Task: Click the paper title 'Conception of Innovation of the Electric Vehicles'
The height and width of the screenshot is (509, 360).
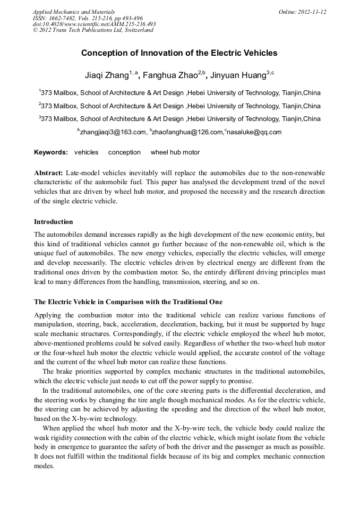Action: [179, 53]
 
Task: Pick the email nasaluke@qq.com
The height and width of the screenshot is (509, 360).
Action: [254, 132]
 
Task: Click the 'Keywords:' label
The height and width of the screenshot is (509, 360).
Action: [51, 152]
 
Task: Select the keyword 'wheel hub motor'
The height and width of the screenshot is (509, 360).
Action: [175, 152]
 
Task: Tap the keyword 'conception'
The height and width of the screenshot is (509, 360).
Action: [124, 152]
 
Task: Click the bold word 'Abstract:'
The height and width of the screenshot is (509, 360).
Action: [49, 173]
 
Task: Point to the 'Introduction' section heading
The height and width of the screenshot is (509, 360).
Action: [54, 221]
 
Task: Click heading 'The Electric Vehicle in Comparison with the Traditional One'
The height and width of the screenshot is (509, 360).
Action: [128, 302]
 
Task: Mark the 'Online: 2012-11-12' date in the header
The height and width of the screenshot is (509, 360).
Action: [302, 12]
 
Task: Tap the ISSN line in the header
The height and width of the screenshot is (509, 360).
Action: [88, 18]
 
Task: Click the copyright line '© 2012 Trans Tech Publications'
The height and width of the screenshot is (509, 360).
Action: [93, 30]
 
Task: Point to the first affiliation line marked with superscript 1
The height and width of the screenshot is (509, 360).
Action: [179, 93]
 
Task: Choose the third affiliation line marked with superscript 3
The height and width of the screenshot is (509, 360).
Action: [179, 119]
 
